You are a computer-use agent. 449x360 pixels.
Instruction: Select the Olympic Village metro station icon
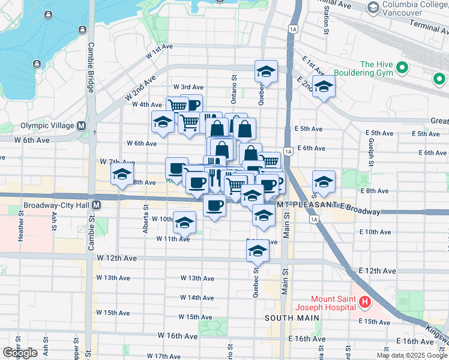tap(81, 125)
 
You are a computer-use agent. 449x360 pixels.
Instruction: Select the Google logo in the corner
tap(20, 352)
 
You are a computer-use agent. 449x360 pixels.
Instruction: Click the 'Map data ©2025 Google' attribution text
tap(412, 355)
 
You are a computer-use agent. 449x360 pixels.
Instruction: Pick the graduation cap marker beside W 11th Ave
tap(184, 223)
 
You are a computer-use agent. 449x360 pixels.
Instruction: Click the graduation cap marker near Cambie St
tap(122, 175)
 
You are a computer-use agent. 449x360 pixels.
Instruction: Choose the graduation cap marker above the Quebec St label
tap(266, 71)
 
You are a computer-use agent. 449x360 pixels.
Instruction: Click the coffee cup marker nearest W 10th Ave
tap(214, 205)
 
